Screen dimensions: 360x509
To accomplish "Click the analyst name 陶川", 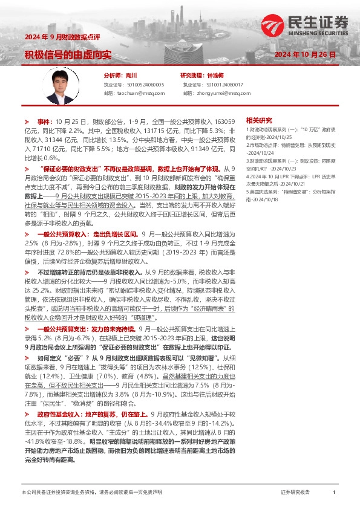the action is pyautogui.click(x=132, y=76).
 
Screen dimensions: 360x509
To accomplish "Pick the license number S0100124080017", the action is pyautogui.click(x=221, y=85).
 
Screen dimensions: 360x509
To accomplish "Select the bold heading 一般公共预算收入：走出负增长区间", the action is pyautogui.click(x=87, y=216).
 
